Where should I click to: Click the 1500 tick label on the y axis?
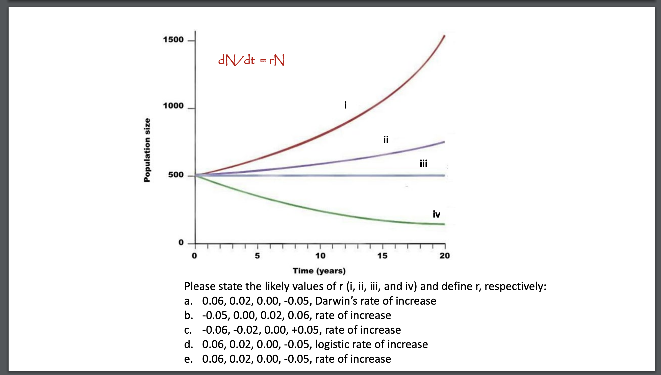pos(173,40)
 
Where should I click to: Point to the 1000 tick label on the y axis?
pos(173,105)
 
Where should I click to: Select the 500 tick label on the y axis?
pos(176,175)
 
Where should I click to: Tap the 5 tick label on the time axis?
pos(257,256)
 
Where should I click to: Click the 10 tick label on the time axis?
pos(320,256)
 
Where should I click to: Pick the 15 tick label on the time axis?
pos(382,256)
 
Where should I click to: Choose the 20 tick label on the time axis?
pos(445,256)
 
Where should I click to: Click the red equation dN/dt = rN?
pos(251,60)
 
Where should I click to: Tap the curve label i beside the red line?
pos(345,105)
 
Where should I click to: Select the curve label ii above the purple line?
pos(386,140)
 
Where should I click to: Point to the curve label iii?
pos(423,163)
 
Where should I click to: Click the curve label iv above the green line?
pos(436,214)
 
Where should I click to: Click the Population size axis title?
pos(147,150)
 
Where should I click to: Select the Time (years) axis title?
pos(319,271)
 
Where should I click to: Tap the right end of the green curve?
pos(444,224)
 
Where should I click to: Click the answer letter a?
pos(188,301)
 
